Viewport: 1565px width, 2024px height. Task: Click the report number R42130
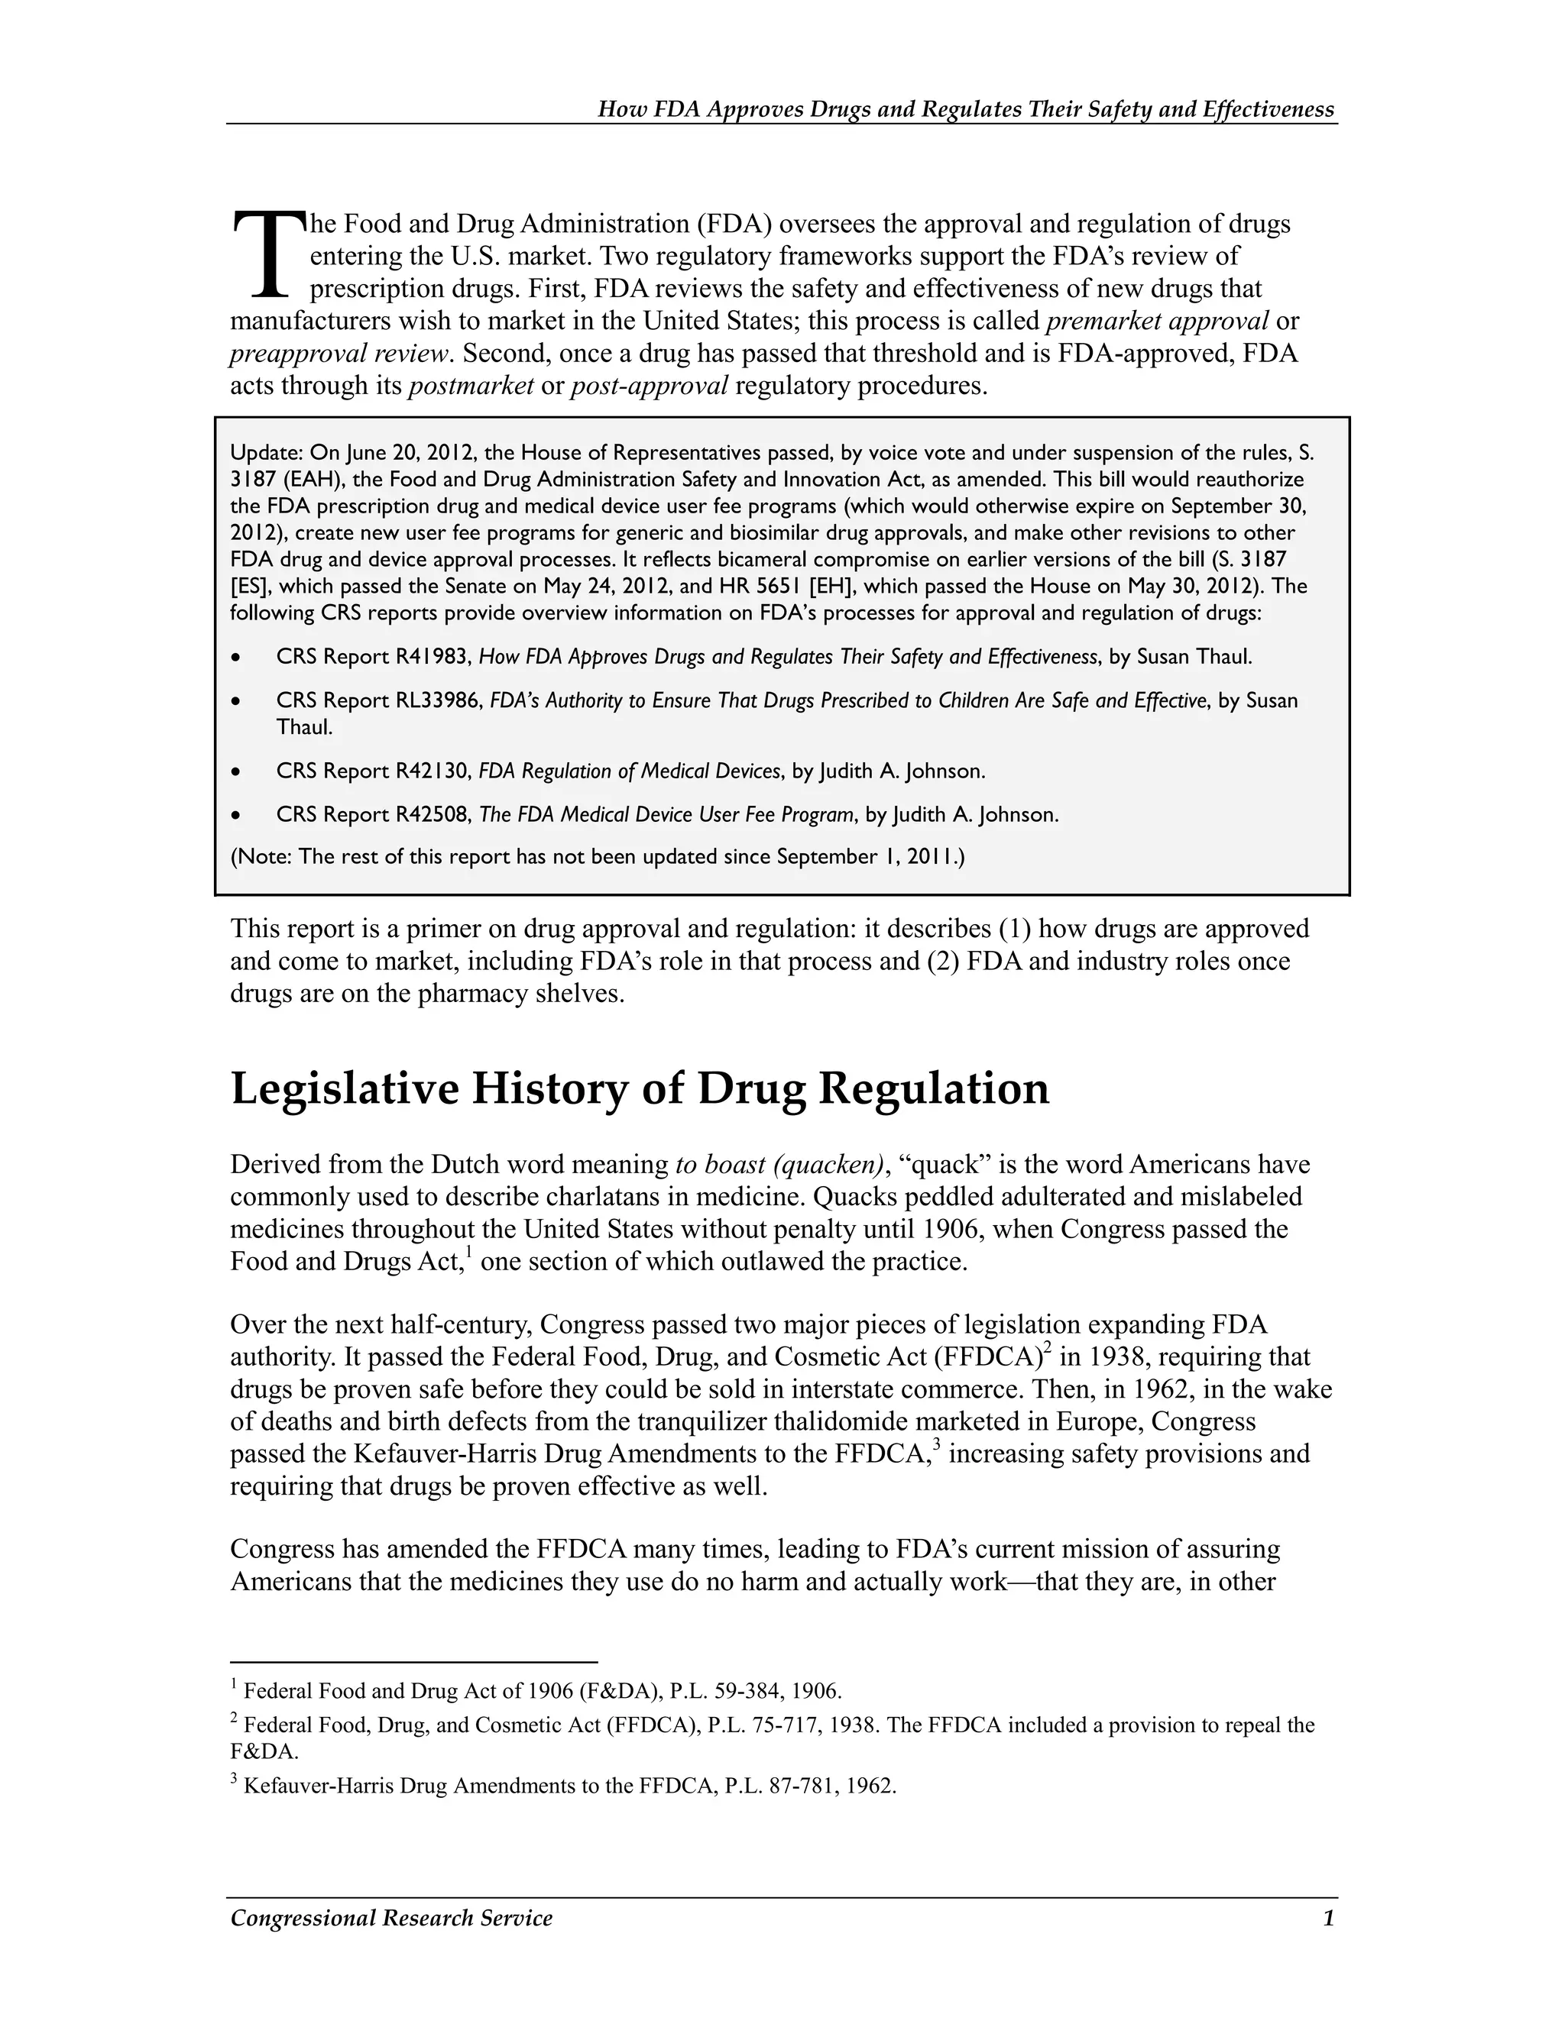point(434,771)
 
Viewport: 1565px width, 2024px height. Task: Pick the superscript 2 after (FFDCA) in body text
point(1047,1348)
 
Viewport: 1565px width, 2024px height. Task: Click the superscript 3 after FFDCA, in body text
point(938,1445)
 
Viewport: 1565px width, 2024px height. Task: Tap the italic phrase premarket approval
point(1157,322)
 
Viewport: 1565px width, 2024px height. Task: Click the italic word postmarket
point(471,386)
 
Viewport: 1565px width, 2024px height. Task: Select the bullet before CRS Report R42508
point(238,816)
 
